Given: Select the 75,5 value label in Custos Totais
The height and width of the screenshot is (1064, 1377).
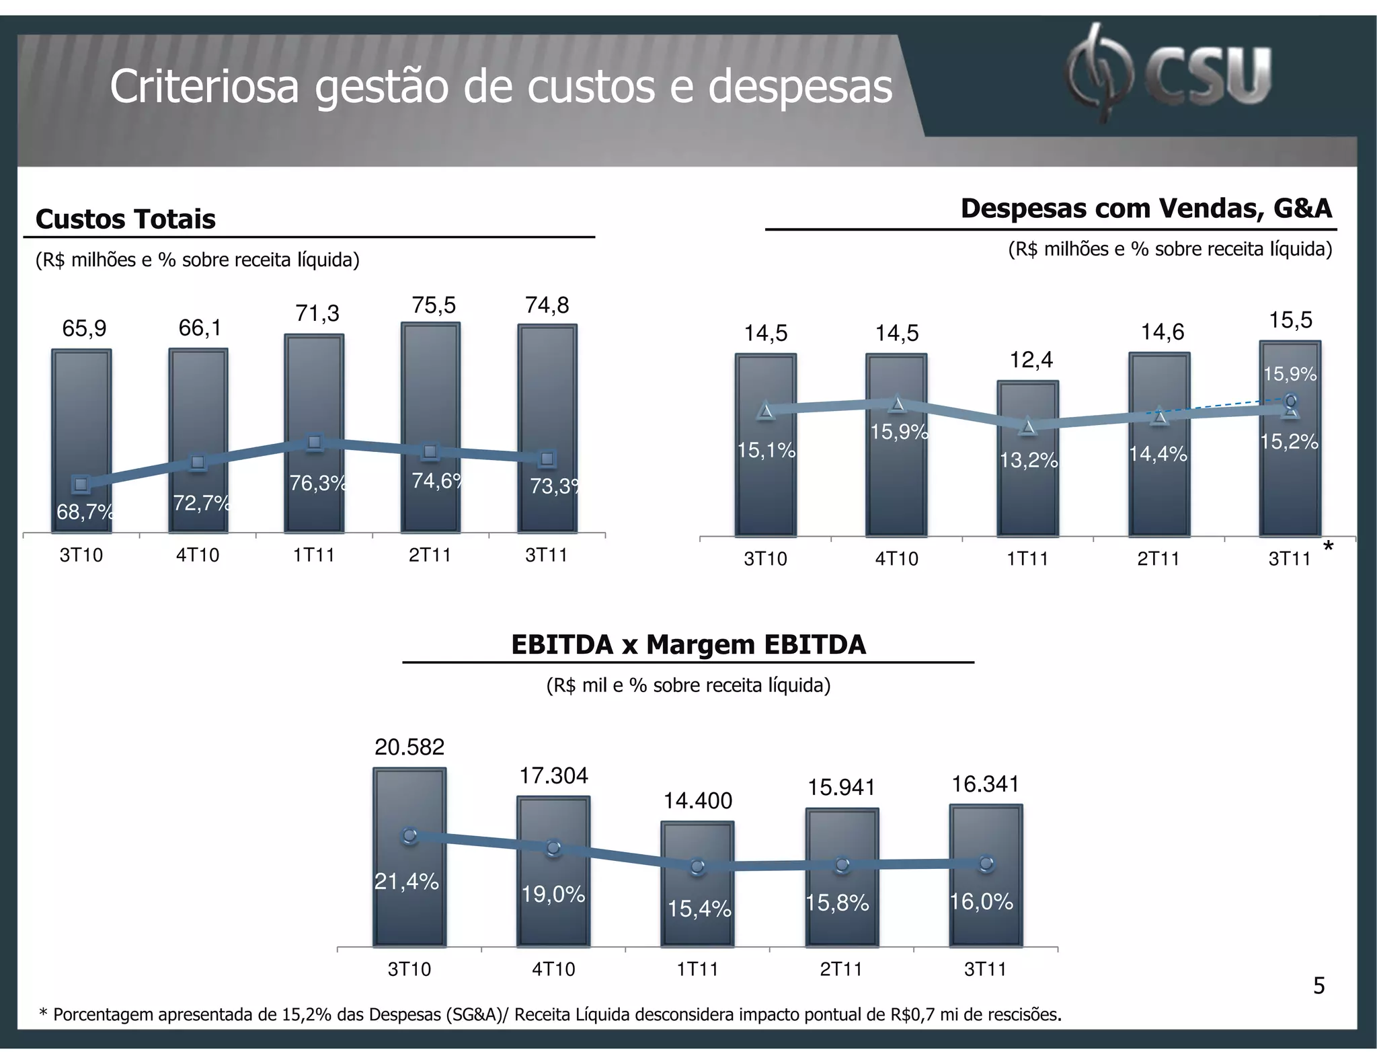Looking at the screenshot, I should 434,306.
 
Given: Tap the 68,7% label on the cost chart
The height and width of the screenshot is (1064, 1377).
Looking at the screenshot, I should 85,512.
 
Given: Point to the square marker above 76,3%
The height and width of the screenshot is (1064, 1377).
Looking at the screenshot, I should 314,442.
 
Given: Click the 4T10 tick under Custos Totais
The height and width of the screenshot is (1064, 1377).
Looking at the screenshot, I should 198,556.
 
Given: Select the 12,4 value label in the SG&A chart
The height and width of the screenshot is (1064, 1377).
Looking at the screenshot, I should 1031,360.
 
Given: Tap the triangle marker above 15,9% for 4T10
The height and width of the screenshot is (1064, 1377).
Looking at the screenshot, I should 897,404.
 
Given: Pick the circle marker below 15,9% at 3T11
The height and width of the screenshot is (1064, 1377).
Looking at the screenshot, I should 1290,401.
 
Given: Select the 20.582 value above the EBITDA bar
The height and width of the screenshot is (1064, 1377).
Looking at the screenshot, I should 409,747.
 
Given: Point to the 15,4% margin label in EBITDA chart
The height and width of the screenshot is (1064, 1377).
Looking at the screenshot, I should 699,909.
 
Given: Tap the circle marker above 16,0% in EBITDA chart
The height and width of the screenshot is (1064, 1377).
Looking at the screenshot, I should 986,863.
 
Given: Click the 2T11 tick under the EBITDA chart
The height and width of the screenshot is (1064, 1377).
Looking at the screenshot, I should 841,969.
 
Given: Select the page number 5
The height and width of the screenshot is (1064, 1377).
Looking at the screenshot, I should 1319,986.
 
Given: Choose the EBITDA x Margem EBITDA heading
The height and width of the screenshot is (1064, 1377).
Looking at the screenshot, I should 688,645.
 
